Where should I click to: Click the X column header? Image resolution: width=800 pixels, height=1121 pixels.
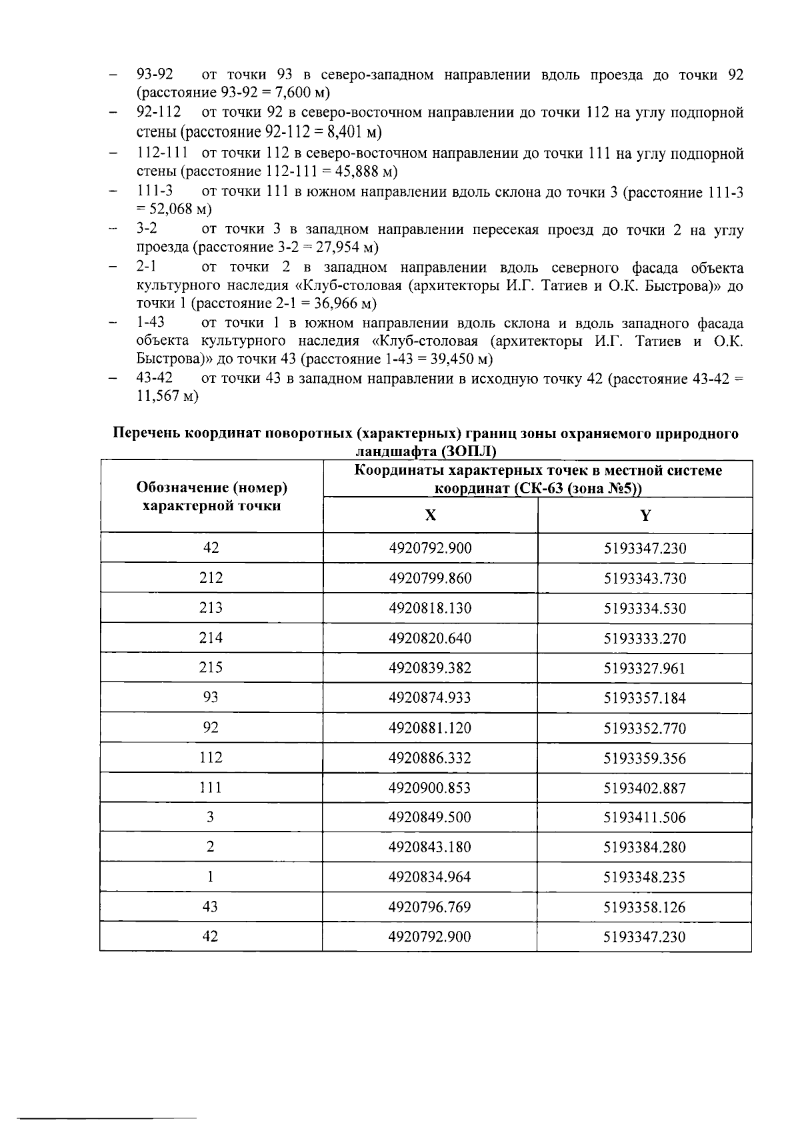pos(431,515)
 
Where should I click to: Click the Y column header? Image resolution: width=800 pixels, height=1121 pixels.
pos(645,515)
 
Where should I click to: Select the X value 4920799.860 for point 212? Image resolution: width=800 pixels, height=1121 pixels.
pos(430,578)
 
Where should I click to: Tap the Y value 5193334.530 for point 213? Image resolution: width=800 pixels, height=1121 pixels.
pos(645,608)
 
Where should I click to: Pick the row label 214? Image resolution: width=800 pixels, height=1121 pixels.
pos(211,638)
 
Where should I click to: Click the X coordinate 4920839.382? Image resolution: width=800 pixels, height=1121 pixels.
pos(430,668)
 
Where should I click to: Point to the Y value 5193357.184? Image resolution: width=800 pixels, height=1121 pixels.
pos(645,698)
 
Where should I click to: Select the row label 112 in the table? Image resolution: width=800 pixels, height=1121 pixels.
pos(211,758)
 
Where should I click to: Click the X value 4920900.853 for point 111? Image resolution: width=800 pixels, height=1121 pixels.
pos(430,788)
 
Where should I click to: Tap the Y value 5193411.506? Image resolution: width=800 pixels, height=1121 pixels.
pos(645,818)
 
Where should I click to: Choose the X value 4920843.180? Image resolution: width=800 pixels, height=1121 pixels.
pos(430,847)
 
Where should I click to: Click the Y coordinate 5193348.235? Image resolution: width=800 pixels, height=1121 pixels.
pos(645,877)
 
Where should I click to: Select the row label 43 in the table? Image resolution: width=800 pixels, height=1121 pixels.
pos(211,907)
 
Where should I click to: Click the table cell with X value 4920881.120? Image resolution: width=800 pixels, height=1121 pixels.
pos(430,728)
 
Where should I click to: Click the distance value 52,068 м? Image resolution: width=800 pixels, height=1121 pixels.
pos(175,209)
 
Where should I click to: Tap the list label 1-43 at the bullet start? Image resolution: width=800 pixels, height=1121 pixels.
pos(151,323)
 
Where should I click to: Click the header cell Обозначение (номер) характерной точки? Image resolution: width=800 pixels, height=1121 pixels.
pos(211,496)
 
